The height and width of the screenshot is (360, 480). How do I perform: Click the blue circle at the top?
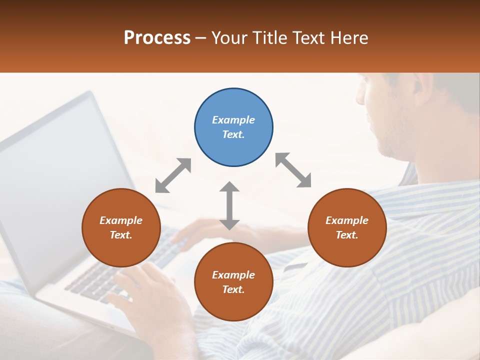pos(233,127)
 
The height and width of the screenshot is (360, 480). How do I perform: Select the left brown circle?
pos(121,227)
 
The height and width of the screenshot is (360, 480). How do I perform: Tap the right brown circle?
pos(347,227)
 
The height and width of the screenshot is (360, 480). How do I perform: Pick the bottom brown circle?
pos(233,282)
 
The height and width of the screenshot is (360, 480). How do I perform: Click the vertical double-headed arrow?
pos(229,205)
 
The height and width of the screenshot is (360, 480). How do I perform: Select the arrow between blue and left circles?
pos(173,175)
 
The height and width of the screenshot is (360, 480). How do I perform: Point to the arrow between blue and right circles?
pos(293,170)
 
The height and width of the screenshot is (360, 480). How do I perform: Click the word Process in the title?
pos(157,37)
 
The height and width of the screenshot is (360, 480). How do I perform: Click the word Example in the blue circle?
pos(233,120)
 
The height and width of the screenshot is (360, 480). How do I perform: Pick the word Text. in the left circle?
pos(121,235)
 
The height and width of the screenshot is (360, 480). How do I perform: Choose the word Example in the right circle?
pos(347,220)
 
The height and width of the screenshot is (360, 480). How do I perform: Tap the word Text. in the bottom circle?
pos(233,289)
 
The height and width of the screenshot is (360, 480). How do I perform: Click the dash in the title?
pos(201,38)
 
